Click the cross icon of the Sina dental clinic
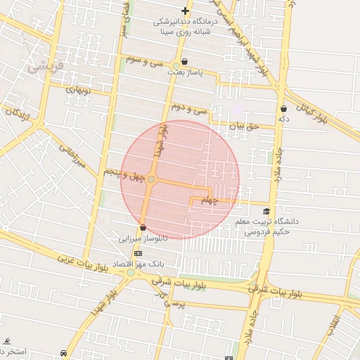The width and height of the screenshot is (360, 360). [x=185, y=11]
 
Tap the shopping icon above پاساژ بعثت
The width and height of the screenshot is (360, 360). [x=184, y=61]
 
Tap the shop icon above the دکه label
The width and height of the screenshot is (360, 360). [x=283, y=109]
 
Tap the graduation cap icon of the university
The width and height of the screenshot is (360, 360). [x=266, y=212]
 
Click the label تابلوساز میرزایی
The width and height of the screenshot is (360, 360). [x=144, y=239]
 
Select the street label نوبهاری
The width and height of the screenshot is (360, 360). [x=79, y=90]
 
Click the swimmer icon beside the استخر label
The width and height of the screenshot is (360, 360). [x=6, y=341]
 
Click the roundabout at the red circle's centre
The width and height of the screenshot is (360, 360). [x=151, y=180]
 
